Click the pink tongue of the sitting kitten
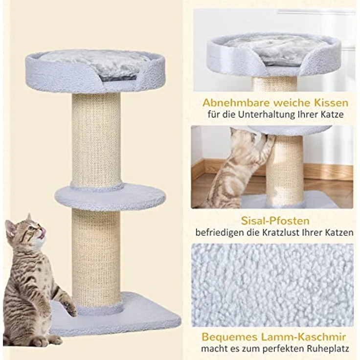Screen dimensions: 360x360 coord(43,233)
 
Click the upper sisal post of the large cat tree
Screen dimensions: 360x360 coord(96,139)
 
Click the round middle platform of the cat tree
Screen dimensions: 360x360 coord(110,197)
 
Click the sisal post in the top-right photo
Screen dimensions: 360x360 coord(274,84)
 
